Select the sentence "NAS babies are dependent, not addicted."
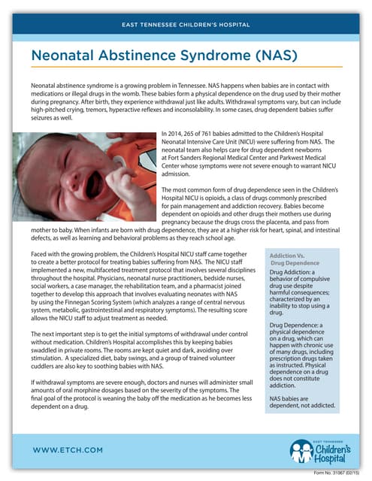[302, 401]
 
